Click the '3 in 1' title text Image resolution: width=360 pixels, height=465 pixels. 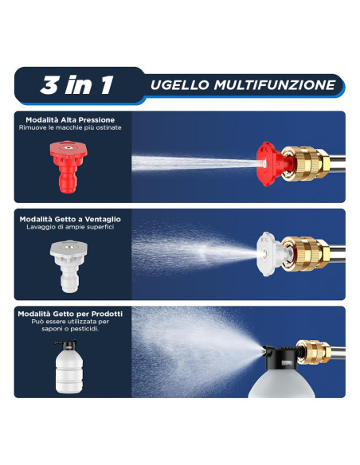[x=76, y=85]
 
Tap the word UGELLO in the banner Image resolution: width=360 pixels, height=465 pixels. [x=180, y=85]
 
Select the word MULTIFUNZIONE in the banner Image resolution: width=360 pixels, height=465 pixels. [x=275, y=85]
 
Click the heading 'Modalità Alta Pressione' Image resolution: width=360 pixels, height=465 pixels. [x=70, y=119]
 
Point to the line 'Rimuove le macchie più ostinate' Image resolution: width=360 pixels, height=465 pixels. [x=70, y=127]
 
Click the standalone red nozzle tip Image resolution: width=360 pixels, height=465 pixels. [x=68, y=166]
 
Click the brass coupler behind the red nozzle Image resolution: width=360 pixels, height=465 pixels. [x=305, y=163]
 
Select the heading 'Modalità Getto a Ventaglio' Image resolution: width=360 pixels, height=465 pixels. [x=70, y=219]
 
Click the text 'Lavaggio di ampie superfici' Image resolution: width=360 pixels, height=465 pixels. [x=70, y=227]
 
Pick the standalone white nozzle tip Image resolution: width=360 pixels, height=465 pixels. [x=68, y=266]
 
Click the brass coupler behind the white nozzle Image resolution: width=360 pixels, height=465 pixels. [x=305, y=254]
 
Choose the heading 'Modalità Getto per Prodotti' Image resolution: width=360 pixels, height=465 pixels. [x=70, y=314]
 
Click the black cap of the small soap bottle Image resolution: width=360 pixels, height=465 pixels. [x=66, y=344]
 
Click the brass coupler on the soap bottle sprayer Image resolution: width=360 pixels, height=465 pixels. [x=315, y=352]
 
